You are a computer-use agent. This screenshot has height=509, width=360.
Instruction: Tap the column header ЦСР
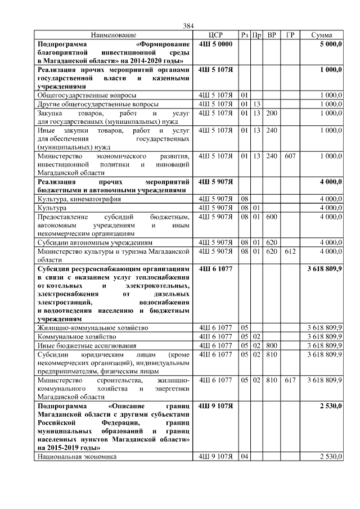(x=216, y=35)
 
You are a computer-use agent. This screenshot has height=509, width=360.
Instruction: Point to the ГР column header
(x=290, y=35)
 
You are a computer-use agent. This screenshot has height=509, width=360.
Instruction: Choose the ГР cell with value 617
(x=290, y=381)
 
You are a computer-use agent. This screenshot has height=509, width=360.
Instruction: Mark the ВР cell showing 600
(x=272, y=217)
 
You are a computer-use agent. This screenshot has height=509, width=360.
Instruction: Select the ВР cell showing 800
(x=272, y=345)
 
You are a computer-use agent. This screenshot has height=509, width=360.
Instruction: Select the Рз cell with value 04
(x=245, y=457)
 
